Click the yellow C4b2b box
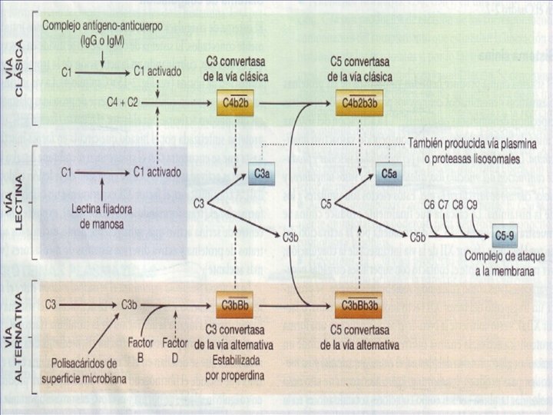click(236, 101)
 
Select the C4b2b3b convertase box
click(360, 101)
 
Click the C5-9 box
click(505, 234)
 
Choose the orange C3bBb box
click(236, 304)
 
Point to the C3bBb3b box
click(361, 304)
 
